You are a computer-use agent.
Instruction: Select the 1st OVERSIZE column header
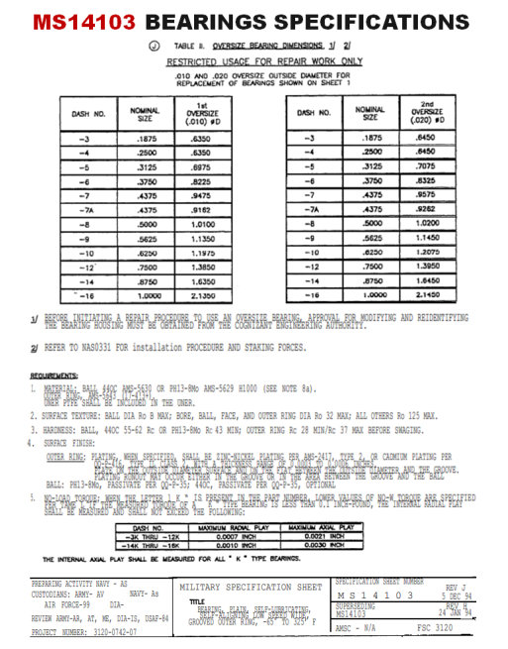(x=201, y=113)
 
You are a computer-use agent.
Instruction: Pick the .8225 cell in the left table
(x=202, y=182)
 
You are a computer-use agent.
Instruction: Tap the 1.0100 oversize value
(x=202, y=224)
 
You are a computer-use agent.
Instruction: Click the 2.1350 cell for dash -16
(x=202, y=294)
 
